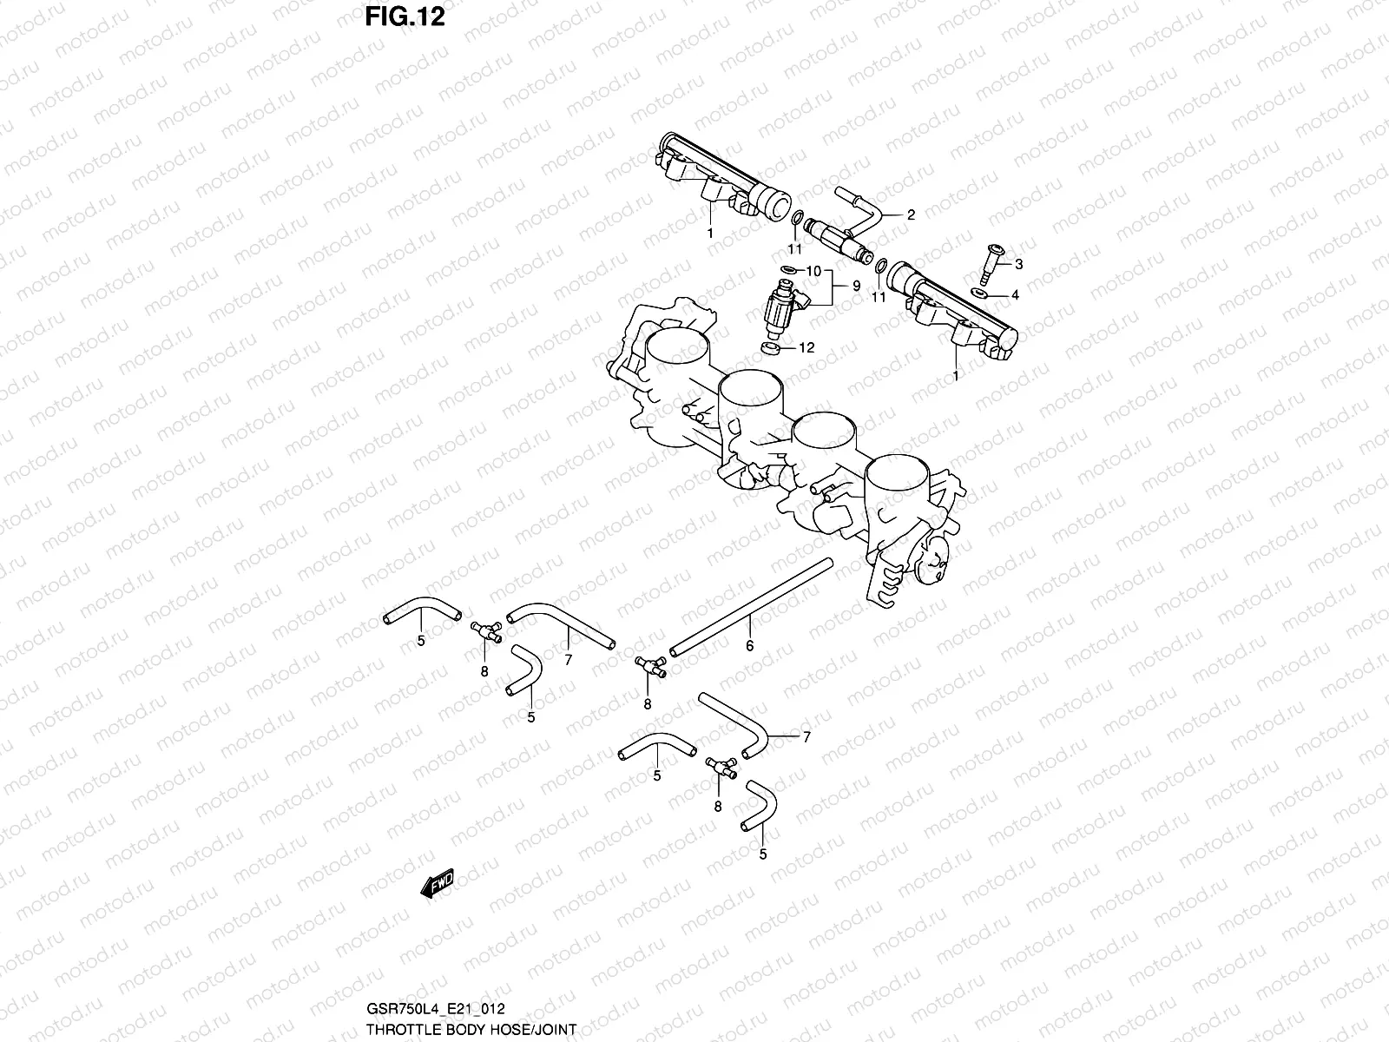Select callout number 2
911,215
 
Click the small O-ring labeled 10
788,270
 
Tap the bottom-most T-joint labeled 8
720,766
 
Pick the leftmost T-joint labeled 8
484,632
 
